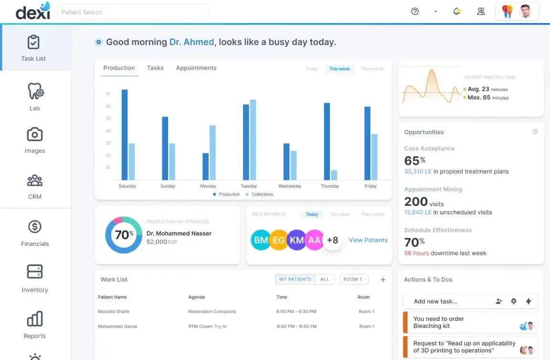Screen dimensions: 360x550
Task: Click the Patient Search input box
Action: click(x=133, y=12)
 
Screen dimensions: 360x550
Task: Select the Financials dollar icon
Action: click(x=35, y=227)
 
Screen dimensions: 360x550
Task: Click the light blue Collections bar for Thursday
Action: click(x=334, y=175)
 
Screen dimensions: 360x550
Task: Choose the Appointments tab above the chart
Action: click(x=196, y=68)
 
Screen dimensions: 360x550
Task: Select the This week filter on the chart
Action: click(x=339, y=69)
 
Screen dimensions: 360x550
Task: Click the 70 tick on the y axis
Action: click(x=108, y=94)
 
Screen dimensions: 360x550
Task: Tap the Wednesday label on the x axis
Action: click(x=290, y=186)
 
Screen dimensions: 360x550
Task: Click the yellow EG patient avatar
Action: click(x=279, y=240)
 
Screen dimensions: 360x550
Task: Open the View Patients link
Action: click(x=368, y=240)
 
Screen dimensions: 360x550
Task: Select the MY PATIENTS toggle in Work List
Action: click(x=295, y=279)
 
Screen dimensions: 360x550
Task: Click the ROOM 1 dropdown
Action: click(x=354, y=279)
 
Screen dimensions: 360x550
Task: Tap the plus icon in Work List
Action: click(x=383, y=280)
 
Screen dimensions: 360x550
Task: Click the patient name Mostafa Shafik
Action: click(x=114, y=312)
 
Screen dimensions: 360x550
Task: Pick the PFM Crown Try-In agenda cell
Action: click(x=208, y=327)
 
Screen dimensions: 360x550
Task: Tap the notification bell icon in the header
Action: click(x=457, y=11)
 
